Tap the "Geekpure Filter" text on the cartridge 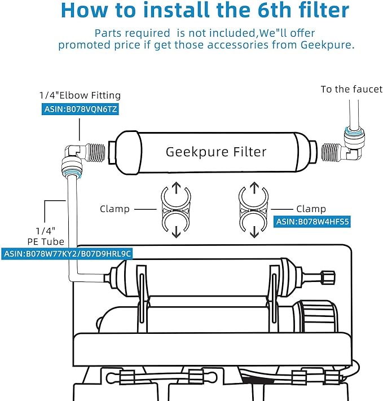[x=215, y=152]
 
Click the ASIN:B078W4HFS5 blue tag [x=312, y=222]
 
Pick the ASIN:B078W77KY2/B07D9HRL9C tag [x=67, y=254]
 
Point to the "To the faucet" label [x=351, y=89]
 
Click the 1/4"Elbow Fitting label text [x=80, y=95]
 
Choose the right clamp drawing [x=254, y=209]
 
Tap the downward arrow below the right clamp [x=254, y=232]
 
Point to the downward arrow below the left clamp [x=175, y=232]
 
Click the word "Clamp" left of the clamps [x=115, y=209]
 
